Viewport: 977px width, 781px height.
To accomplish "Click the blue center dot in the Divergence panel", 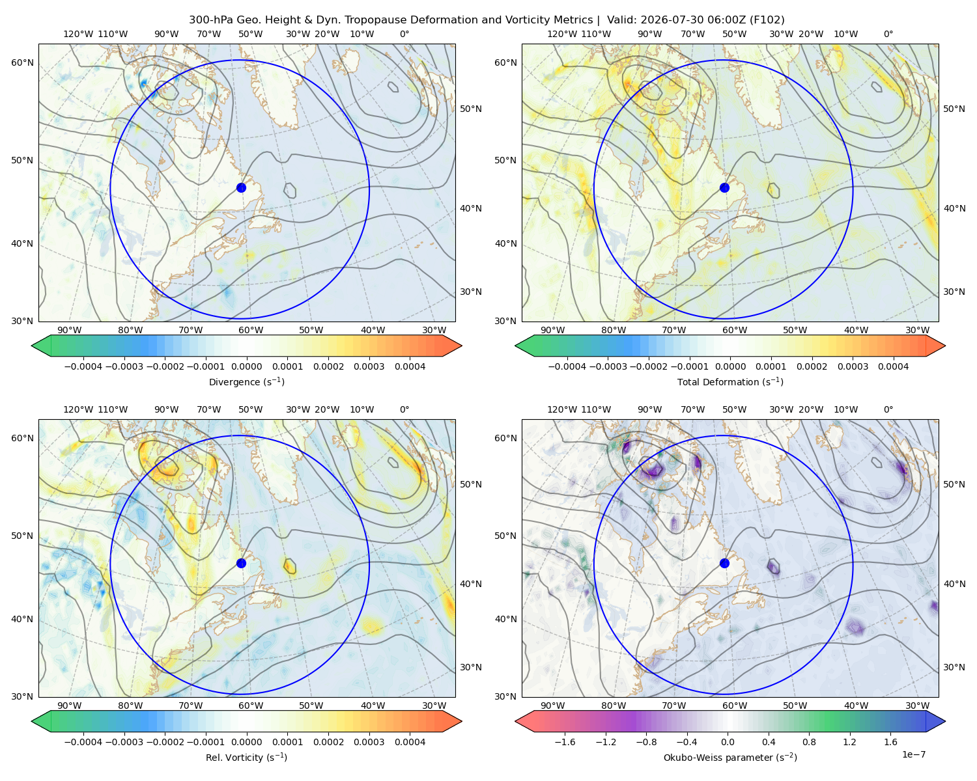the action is tap(241, 187).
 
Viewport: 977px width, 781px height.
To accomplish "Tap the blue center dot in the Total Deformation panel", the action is tap(724, 187).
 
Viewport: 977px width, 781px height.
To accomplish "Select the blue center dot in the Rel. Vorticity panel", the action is tap(241, 563).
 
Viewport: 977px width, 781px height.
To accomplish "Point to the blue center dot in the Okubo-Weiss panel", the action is tap(724, 563).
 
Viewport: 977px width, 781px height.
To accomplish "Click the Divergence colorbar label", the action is tap(246, 381).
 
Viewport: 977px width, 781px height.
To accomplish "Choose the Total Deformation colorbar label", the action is tap(730, 381).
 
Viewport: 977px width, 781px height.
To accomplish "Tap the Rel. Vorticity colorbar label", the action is tap(246, 757).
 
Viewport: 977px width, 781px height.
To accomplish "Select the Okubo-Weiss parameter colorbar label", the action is tap(730, 757).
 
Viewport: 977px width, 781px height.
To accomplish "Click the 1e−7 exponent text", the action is tap(913, 754).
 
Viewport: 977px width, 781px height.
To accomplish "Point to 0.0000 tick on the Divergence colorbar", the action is tap(246, 366).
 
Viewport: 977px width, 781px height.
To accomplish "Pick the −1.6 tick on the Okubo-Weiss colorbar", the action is tap(565, 741).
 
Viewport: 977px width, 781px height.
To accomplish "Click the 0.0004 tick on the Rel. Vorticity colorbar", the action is tap(410, 741).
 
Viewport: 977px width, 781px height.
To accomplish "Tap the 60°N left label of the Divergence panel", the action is tap(22, 62).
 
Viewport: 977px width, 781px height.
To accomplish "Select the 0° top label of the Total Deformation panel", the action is tap(888, 34).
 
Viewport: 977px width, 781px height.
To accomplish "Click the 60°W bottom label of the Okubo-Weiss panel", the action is tap(734, 706).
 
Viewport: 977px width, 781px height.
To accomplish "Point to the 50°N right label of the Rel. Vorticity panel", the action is tap(471, 484).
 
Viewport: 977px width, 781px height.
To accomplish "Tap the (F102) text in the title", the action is tap(767, 20).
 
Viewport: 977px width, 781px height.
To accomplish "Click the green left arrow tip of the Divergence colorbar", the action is tap(32, 346).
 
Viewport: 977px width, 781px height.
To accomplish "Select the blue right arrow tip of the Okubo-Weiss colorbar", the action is tap(945, 721).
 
